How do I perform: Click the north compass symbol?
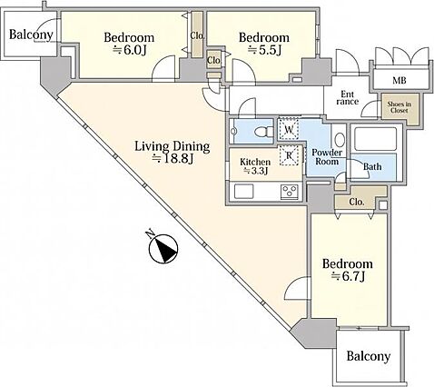point(163,248)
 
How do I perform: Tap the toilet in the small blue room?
point(263,132)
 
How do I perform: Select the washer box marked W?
point(289,129)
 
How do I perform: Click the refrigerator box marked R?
point(290,155)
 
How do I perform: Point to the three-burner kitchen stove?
point(290,192)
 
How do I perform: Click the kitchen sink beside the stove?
point(243,192)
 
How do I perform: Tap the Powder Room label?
point(327,156)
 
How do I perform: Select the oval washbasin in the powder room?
point(340,140)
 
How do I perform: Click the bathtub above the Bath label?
point(375,139)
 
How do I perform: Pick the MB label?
point(399,80)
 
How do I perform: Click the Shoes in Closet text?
point(399,107)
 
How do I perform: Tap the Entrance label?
point(348,98)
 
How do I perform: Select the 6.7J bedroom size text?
point(348,276)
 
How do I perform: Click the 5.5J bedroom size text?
point(264,50)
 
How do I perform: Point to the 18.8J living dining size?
point(173,158)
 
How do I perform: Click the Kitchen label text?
point(255,162)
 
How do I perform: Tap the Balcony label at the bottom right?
point(369,356)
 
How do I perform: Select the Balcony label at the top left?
point(31,35)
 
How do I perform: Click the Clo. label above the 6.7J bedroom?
point(357,202)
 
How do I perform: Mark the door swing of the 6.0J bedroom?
point(163,68)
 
